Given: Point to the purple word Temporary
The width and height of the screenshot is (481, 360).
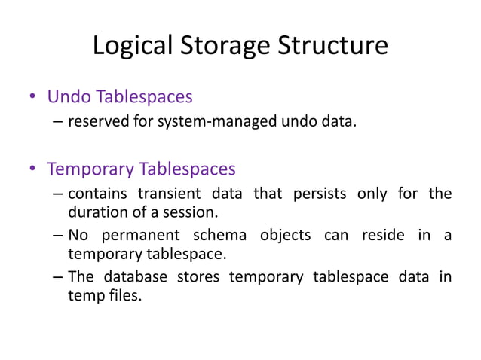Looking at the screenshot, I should [93, 169].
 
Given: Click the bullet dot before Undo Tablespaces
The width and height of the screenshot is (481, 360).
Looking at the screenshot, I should [32, 98].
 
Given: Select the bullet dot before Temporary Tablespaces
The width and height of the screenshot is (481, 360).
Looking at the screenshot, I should [32, 169].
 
